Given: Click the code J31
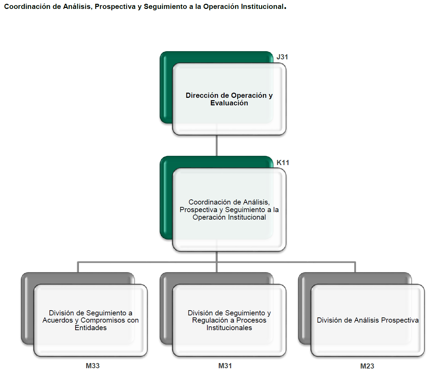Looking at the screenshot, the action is point(282,57).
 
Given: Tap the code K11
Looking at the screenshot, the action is point(283,163).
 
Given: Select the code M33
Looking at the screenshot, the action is point(93,366).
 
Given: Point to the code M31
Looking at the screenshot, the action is point(225,366).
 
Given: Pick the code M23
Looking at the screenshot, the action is point(367,366).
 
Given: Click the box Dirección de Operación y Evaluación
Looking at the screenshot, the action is point(229,99).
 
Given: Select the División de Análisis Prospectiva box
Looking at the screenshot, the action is point(368,320).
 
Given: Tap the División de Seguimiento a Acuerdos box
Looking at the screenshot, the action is point(91,320).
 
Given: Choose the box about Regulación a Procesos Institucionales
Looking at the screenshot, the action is point(229,320).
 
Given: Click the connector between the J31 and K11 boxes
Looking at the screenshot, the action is point(217,146).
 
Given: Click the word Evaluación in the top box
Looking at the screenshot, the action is point(229,103).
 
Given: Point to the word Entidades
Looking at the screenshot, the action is point(91,328).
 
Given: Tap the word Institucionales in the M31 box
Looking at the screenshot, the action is point(229,328).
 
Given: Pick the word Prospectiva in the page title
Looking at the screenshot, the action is point(115,7).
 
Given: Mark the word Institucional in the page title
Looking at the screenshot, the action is point(262,7).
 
